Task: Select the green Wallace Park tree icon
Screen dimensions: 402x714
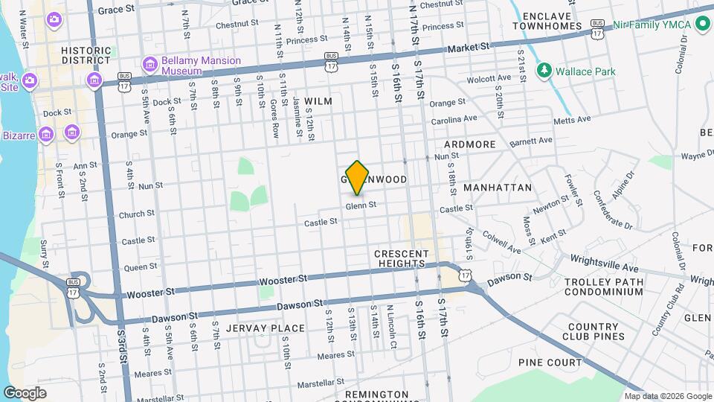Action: coord(544,71)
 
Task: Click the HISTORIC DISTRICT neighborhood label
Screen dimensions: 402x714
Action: coord(86,55)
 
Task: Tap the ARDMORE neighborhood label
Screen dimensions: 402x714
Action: coord(469,144)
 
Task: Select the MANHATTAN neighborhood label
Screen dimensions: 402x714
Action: coord(497,188)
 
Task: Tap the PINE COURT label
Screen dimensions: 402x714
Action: coord(550,363)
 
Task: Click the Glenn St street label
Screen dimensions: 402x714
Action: coord(361,205)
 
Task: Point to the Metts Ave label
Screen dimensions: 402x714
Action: coord(572,118)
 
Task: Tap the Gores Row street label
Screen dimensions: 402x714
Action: coord(274,119)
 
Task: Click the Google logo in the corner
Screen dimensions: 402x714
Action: coord(25,392)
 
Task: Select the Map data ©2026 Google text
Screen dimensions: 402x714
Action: coord(668,396)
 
